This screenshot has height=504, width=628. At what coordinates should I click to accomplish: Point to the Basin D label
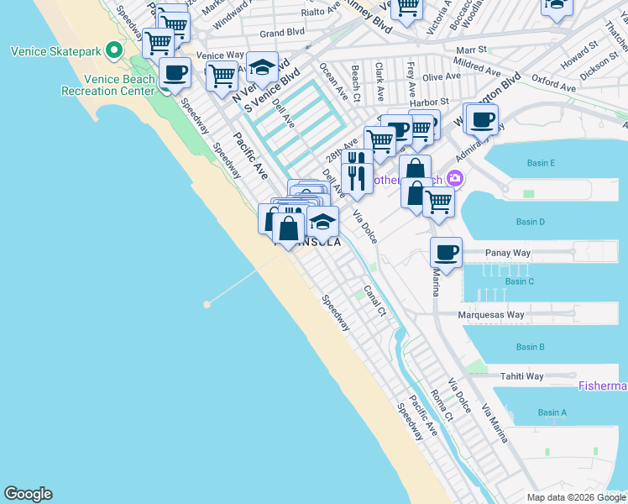click(531, 222)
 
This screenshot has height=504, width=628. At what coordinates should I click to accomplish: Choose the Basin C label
click(520, 281)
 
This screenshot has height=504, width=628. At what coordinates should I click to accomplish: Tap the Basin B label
click(531, 347)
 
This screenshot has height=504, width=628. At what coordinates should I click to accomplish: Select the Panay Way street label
click(509, 252)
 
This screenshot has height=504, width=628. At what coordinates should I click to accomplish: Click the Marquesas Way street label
click(490, 315)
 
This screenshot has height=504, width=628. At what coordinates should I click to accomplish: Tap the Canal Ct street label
click(374, 302)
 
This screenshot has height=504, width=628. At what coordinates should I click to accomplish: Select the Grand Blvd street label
click(282, 33)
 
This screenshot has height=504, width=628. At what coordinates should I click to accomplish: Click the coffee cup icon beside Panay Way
click(447, 251)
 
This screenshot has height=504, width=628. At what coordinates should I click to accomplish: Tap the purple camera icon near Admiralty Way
click(455, 178)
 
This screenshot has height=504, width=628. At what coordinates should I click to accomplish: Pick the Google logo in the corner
click(28, 494)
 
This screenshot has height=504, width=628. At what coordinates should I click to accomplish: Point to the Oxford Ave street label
click(552, 83)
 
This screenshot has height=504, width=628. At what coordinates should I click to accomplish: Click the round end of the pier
click(207, 304)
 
